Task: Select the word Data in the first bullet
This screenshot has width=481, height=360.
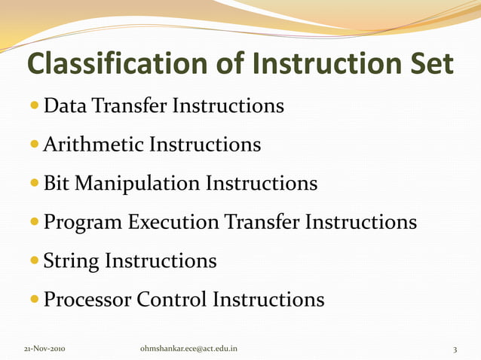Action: (66, 105)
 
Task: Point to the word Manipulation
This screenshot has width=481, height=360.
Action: (139, 184)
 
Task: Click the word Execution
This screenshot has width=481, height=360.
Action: (173, 222)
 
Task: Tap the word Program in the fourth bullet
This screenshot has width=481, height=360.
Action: (84, 223)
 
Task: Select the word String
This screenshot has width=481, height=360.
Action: (71, 261)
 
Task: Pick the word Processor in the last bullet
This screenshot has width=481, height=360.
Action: (87, 300)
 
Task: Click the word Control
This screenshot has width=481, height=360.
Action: (172, 300)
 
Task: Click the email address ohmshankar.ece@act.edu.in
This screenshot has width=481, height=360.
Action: (189, 349)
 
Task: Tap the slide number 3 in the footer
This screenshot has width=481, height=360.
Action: (455, 349)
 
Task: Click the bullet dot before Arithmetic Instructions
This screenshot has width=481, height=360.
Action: (35, 145)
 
